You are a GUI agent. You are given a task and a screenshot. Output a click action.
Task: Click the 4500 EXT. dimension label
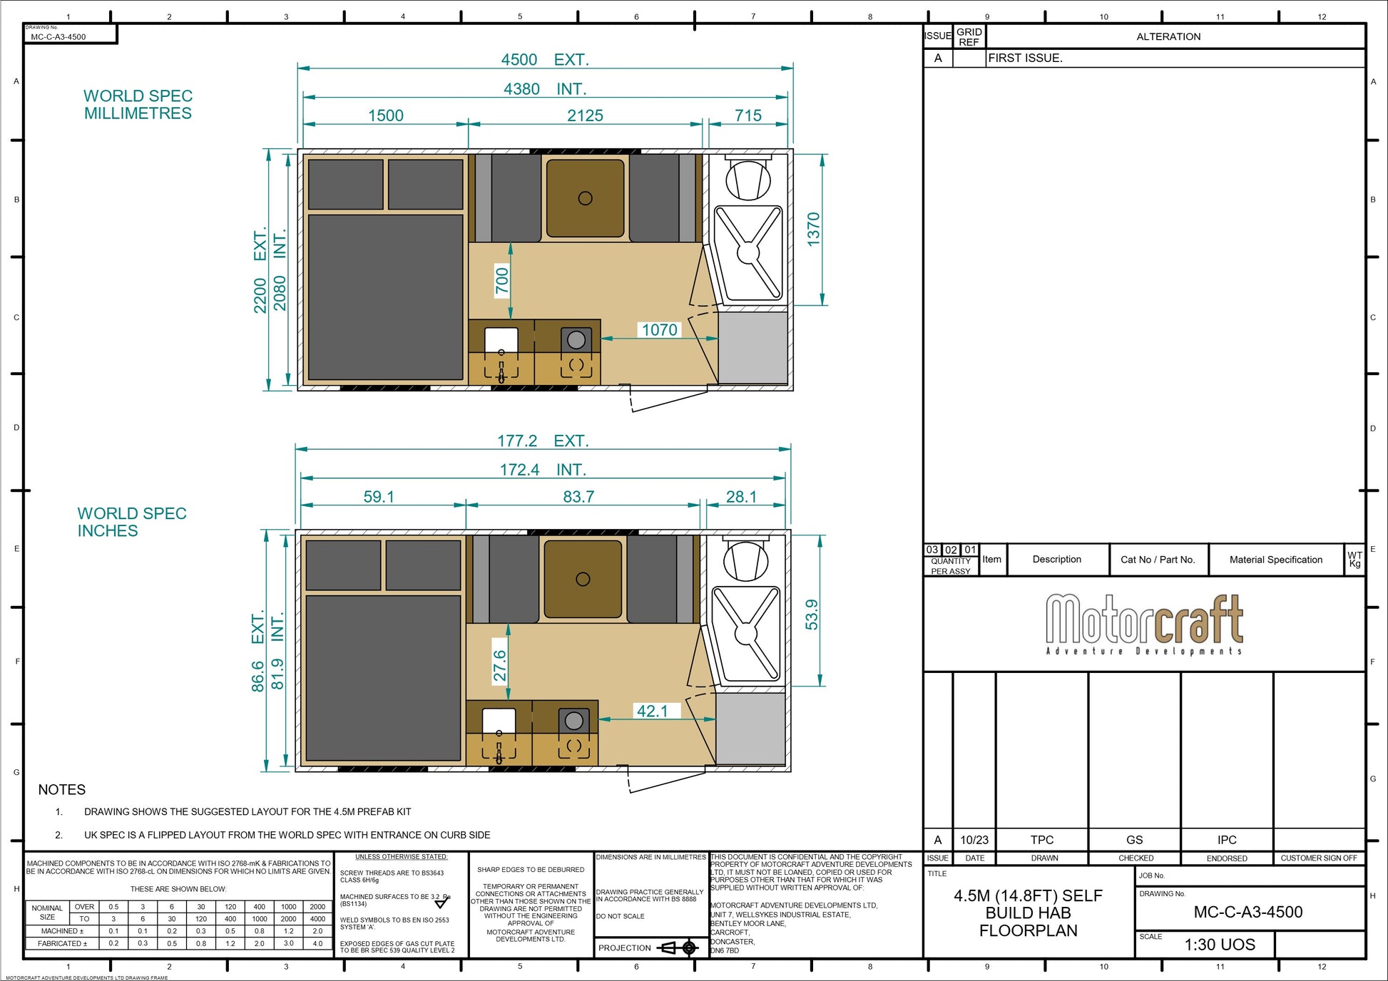[545, 60]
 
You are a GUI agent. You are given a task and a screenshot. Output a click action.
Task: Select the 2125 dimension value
[585, 115]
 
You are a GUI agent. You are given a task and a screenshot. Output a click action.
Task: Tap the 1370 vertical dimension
[813, 230]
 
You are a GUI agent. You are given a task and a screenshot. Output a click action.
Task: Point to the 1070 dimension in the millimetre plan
[659, 330]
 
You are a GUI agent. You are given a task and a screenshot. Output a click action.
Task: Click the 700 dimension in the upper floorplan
[502, 280]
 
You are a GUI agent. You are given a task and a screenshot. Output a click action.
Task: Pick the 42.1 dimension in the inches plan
[652, 711]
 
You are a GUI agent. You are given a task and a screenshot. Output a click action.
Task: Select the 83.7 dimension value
[578, 497]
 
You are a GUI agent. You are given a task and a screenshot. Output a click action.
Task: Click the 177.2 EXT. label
[543, 441]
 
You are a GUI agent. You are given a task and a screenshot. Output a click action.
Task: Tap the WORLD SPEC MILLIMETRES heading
[138, 105]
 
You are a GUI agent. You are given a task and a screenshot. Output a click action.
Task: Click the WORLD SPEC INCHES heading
[131, 522]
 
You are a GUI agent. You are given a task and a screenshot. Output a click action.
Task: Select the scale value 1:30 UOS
[1219, 945]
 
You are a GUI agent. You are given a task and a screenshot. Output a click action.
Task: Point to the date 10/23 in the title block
[974, 840]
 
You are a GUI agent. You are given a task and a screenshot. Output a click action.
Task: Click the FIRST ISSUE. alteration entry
[1025, 58]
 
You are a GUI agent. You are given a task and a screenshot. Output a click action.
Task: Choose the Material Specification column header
[1275, 560]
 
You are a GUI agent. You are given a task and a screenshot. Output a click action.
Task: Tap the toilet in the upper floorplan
[748, 178]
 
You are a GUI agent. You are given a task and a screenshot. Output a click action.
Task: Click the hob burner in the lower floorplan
[573, 721]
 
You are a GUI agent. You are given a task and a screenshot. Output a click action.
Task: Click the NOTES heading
[62, 790]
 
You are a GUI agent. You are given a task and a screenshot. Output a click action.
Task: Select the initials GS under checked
[1134, 840]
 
